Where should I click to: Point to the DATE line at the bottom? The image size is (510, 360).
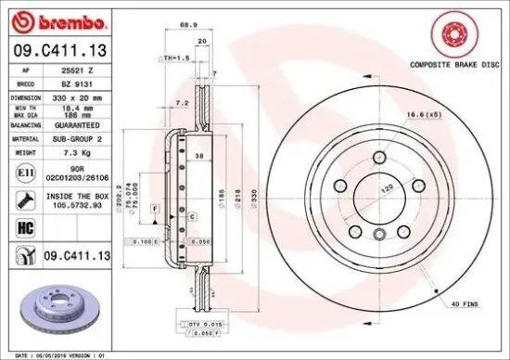pyautogui.click(x=56, y=354)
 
